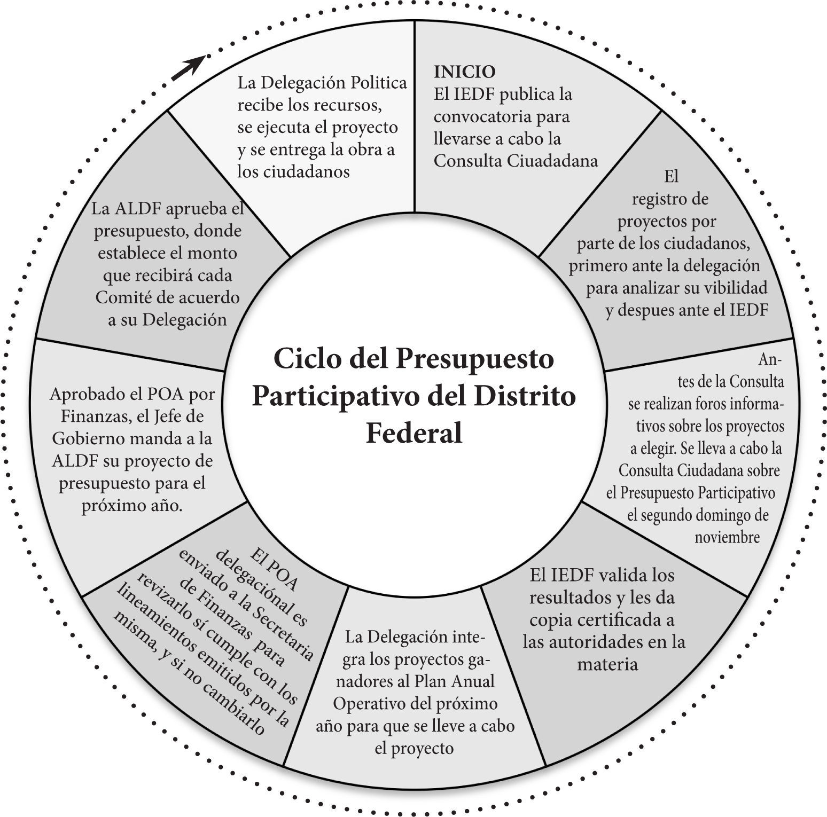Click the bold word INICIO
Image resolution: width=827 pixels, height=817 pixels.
pyautogui.click(x=464, y=72)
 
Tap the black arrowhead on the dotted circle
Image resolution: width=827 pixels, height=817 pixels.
pyautogui.click(x=192, y=66)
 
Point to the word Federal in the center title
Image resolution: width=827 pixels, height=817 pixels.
pyautogui.click(x=413, y=434)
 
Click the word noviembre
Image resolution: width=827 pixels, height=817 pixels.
pyautogui.click(x=727, y=537)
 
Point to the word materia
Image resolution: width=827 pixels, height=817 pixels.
pyautogui.click(x=607, y=665)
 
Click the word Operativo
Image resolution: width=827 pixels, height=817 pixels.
pyautogui.click(x=363, y=704)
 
